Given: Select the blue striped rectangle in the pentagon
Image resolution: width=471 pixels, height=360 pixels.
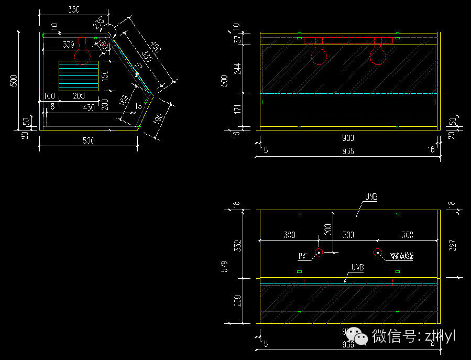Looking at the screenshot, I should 78,76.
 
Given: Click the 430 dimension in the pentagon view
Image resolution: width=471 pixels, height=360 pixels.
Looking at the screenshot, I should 89,107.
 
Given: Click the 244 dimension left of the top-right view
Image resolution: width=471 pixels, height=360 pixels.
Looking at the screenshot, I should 239,69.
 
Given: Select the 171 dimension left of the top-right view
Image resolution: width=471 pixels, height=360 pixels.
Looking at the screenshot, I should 239,110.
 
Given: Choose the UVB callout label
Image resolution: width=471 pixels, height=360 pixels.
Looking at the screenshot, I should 357,268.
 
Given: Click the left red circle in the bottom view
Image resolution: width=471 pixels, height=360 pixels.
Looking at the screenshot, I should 318,253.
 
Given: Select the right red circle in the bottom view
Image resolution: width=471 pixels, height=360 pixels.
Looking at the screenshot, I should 377,253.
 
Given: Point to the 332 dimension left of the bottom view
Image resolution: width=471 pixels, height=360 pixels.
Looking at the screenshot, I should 239,245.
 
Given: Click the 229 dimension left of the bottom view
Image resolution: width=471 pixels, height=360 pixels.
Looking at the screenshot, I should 239,301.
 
